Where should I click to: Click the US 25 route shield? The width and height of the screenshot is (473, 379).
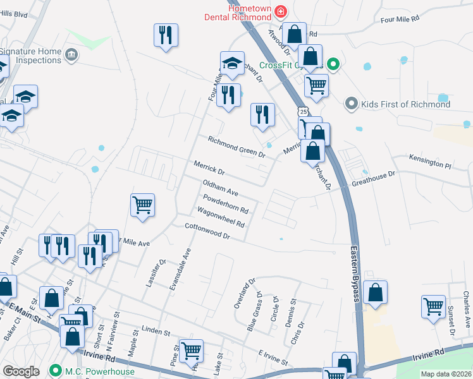coord(304,112)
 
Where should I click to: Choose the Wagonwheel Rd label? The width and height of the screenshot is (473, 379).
coord(221,217)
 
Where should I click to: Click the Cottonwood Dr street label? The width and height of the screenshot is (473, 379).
coord(206,231)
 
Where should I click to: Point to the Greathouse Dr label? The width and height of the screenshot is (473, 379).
coord(372,177)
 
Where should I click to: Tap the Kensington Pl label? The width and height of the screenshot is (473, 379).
coord(430,162)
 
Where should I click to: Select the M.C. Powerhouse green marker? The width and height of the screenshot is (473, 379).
coord(56,371)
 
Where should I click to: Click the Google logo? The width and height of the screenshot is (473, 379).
coord(21,371)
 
